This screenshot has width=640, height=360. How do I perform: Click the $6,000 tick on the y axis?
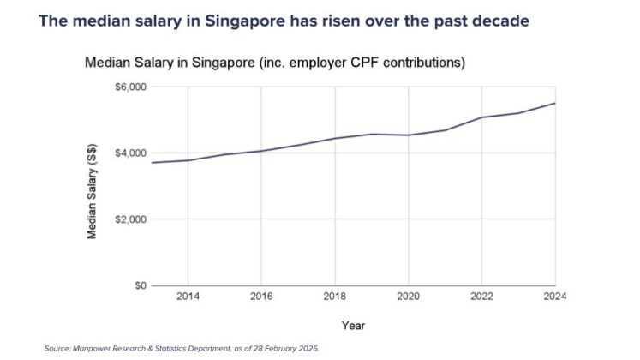pos(130,87)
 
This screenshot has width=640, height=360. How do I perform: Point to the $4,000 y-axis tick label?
pos(130,153)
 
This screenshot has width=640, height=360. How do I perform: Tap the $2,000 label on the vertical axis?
pos(130,219)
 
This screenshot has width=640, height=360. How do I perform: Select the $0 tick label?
pos(138,285)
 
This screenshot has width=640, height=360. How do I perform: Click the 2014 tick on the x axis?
pos(188,297)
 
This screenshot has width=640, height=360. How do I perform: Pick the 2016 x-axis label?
pos(261,297)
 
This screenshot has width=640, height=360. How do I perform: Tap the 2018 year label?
pos(335,297)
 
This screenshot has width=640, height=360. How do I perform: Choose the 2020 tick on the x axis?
pos(409,297)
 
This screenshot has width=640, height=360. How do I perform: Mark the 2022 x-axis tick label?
pos(482,297)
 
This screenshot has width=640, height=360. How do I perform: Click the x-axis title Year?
pos(353,326)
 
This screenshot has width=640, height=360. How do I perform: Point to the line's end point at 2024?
pos(555,104)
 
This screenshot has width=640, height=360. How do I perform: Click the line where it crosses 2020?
pos(409,135)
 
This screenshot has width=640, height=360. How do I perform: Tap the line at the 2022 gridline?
pos(482,117)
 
